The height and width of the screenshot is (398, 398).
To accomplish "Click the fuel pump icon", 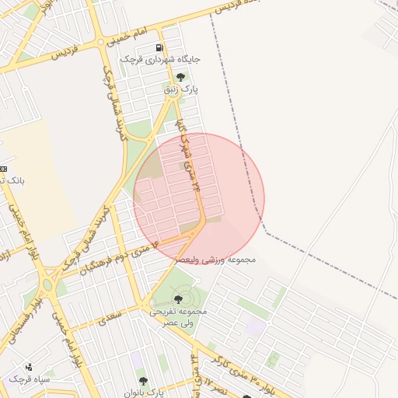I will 159,47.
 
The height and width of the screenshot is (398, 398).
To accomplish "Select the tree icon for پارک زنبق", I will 180,77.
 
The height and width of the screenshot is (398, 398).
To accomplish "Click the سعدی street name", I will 110,317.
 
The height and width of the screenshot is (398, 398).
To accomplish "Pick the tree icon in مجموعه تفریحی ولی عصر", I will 178,299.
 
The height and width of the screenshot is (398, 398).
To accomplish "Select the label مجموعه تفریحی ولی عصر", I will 180,316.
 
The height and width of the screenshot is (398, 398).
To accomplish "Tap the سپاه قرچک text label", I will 30,379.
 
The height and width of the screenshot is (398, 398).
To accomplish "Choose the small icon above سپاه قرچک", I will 30,367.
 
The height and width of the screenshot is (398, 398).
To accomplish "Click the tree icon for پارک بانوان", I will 142,381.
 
